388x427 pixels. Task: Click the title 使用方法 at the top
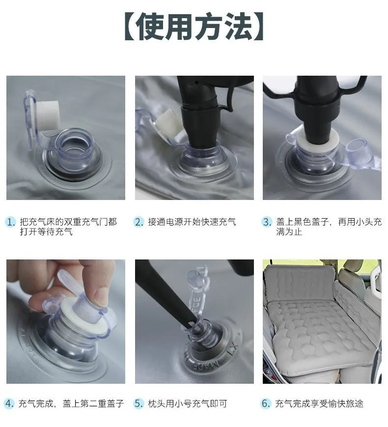click(x=194, y=27)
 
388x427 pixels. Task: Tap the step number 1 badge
click(x=11, y=222)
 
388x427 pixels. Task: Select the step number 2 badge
click(x=139, y=222)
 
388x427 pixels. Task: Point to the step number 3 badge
click(x=267, y=222)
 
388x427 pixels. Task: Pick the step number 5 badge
click(x=139, y=403)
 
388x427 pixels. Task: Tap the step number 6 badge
click(x=266, y=403)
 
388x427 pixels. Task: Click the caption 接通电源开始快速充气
click(x=192, y=222)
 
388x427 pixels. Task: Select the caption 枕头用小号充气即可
click(x=188, y=403)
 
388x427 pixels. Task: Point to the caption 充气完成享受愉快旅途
click(x=319, y=403)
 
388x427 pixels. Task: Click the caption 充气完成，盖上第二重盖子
click(x=71, y=403)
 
